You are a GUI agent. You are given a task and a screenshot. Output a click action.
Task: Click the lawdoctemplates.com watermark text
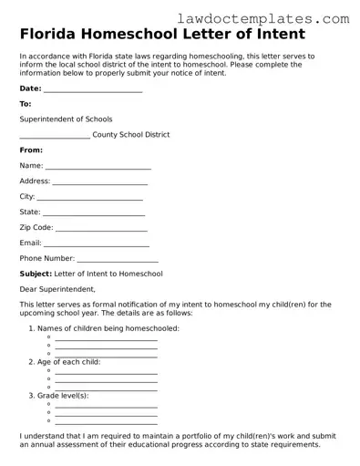click(276, 18)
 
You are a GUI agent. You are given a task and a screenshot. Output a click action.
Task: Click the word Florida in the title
click(50, 36)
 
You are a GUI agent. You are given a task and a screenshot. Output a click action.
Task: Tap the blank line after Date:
click(93, 90)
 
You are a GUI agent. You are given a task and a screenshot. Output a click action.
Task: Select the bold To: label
click(26, 104)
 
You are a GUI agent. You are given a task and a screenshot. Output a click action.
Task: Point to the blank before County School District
click(54, 136)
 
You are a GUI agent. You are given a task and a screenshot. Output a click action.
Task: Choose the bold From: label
click(31, 150)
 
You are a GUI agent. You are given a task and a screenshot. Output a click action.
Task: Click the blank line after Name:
click(98, 167)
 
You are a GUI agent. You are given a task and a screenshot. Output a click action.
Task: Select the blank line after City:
click(89, 198)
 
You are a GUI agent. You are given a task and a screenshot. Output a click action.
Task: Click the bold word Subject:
click(36, 274)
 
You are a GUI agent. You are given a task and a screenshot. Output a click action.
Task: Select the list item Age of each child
click(69, 362)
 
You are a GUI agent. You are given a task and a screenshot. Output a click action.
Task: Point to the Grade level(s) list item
click(63, 396)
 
